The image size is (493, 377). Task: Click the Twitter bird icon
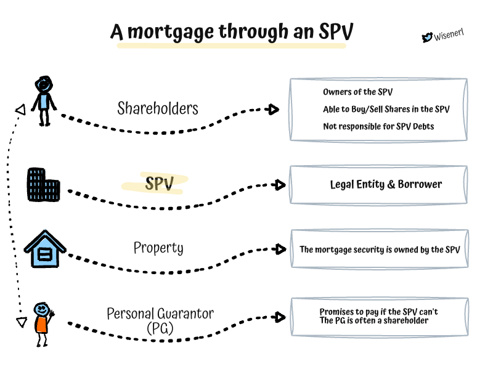(x=426, y=38)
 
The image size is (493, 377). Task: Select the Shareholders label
(x=158, y=108)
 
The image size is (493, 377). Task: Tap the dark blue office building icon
(x=43, y=183)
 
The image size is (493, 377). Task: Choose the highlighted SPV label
(x=158, y=184)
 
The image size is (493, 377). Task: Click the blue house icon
(x=45, y=249)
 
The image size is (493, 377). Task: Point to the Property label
(x=158, y=248)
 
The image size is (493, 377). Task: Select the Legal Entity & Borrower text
(x=386, y=184)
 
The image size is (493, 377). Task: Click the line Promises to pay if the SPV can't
(x=378, y=312)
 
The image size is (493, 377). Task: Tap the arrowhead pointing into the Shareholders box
(x=274, y=110)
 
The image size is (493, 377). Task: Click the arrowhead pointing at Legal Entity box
(x=280, y=185)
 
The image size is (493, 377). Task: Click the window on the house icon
(x=45, y=253)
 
